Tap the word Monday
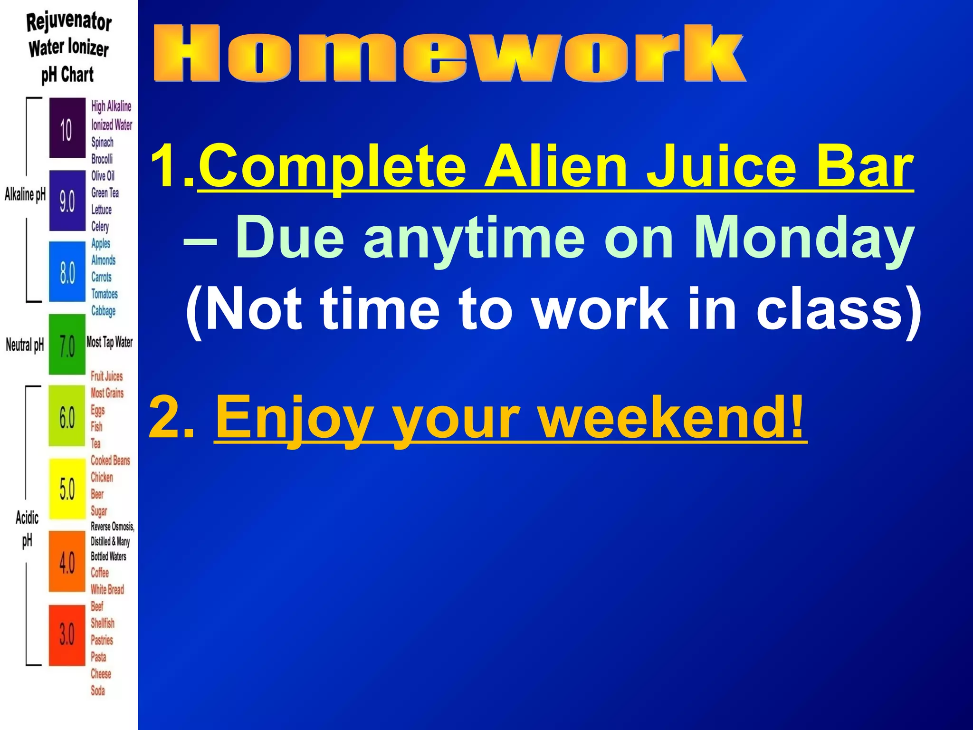802,238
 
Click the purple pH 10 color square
67,128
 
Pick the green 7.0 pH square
67,345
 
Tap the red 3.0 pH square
67,634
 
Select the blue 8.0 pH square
67,272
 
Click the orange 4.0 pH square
67,562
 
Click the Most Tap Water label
109,342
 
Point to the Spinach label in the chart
102,142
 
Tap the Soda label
98,691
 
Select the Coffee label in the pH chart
100,573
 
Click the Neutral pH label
25,345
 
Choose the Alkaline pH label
25,194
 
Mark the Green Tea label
105,193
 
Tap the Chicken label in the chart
102,477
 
